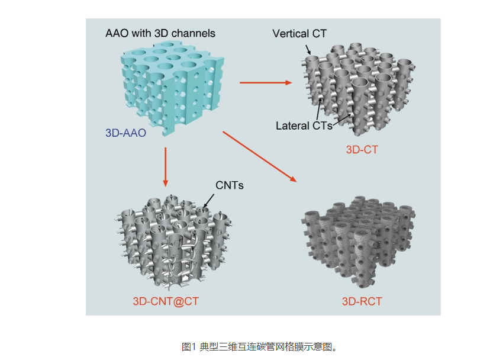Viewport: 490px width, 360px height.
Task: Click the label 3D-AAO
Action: click(125, 133)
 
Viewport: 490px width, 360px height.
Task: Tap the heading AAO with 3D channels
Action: click(160, 33)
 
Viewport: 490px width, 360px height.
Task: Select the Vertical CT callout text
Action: click(299, 33)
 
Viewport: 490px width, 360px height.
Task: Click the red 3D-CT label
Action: click(362, 150)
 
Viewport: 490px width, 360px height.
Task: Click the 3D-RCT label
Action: click(362, 301)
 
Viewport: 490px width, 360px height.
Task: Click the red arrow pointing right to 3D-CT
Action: click(266, 82)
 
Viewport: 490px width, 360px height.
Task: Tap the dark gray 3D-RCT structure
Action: click(361, 243)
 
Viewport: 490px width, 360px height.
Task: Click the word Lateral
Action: click(291, 126)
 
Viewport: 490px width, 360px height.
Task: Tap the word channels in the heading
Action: click(193, 33)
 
